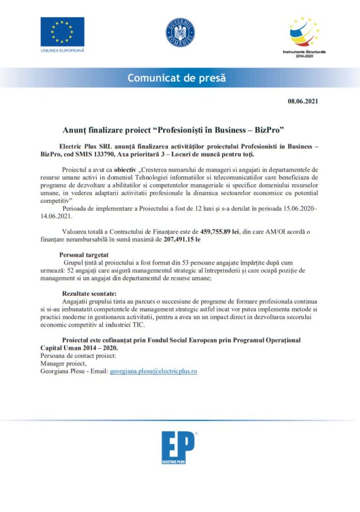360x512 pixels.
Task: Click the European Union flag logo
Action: (62, 32)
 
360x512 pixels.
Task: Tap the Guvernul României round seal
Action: (180, 32)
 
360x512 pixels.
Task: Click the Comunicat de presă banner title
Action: (177, 79)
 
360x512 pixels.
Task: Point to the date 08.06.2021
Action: (303, 101)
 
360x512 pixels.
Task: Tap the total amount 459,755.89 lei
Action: (219, 232)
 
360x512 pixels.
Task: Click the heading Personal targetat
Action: (84, 255)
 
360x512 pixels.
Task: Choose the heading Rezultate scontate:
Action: (89, 293)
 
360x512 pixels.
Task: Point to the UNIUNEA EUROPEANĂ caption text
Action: (62, 50)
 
